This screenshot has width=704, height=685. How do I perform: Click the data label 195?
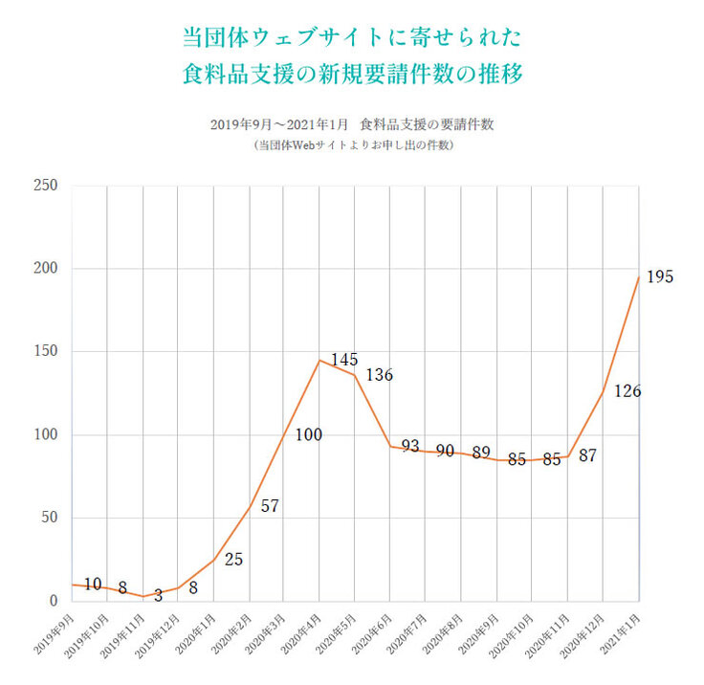[660, 277]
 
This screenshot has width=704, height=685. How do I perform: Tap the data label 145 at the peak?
[344, 360]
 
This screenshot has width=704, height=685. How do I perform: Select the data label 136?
[379, 375]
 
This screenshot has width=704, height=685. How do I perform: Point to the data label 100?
[308, 435]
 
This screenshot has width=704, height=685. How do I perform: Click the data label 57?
[270, 506]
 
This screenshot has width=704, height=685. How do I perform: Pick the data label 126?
[627, 391]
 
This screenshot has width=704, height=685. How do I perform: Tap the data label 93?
[410, 446]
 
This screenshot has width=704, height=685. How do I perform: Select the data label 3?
[158, 596]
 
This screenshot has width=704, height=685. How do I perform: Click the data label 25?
[233, 559]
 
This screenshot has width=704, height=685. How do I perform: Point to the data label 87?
[587, 456]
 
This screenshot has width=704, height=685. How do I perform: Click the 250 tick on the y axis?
[46, 186]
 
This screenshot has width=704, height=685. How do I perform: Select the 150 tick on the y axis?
[46, 352]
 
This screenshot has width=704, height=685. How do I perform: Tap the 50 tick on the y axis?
[50, 519]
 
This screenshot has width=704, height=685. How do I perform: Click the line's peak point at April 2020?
[319, 360]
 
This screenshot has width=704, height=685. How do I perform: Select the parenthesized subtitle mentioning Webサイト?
[352, 146]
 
